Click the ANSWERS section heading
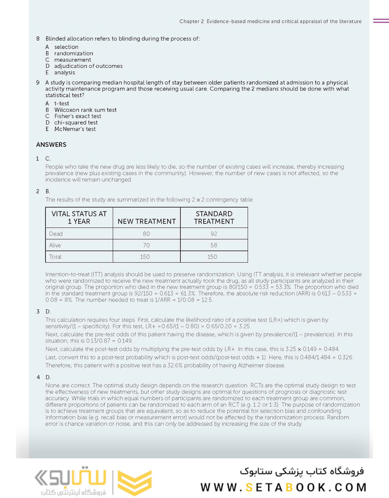click(51, 145)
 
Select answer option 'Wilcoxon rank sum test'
click(85, 110)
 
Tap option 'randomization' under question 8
click(73, 53)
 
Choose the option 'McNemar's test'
click(75, 129)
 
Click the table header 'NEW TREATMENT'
click(147, 221)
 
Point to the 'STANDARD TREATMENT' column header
click(214, 218)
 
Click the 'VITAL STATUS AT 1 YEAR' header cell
click(79, 218)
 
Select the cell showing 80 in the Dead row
click(147, 234)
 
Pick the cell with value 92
click(214, 234)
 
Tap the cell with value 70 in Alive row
click(147, 245)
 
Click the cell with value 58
click(214, 245)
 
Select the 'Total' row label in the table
click(55, 257)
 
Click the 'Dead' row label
click(56, 234)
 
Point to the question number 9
click(38, 83)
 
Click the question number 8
click(38, 39)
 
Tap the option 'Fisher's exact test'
click(77, 117)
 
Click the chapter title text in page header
click(271, 21)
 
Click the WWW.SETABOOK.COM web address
click(283, 487)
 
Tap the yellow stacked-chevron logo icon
click(135, 482)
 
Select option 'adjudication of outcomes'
click(88, 66)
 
